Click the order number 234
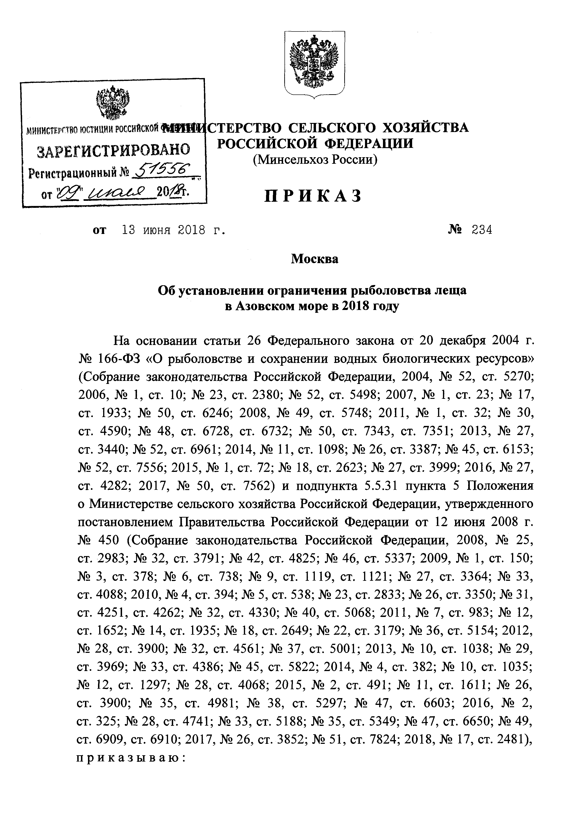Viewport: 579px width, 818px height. (x=482, y=230)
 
